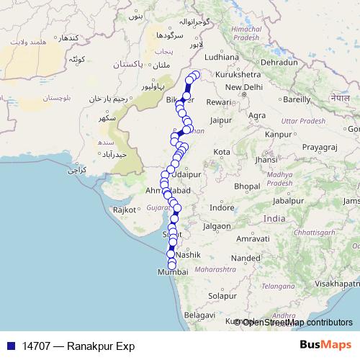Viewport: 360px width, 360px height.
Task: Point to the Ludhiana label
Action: tap(221, 56)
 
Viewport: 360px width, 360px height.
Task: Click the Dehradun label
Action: tap(279, 63)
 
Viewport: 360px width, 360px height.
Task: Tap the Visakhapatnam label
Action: tap(336, 284)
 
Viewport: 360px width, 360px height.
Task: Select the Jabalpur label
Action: tap(297, 201)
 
